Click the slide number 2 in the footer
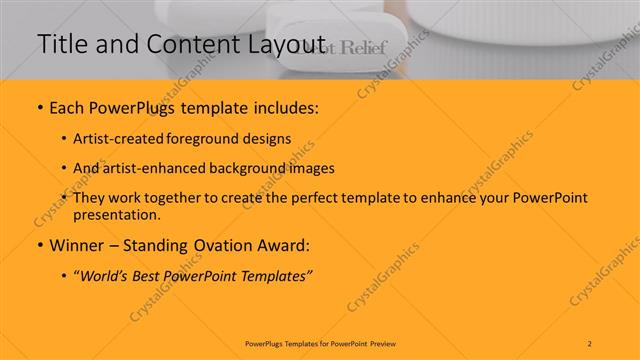click(x=590, y=343)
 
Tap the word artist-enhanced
click(x=159, y=169)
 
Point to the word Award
click(x=285, y=245)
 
